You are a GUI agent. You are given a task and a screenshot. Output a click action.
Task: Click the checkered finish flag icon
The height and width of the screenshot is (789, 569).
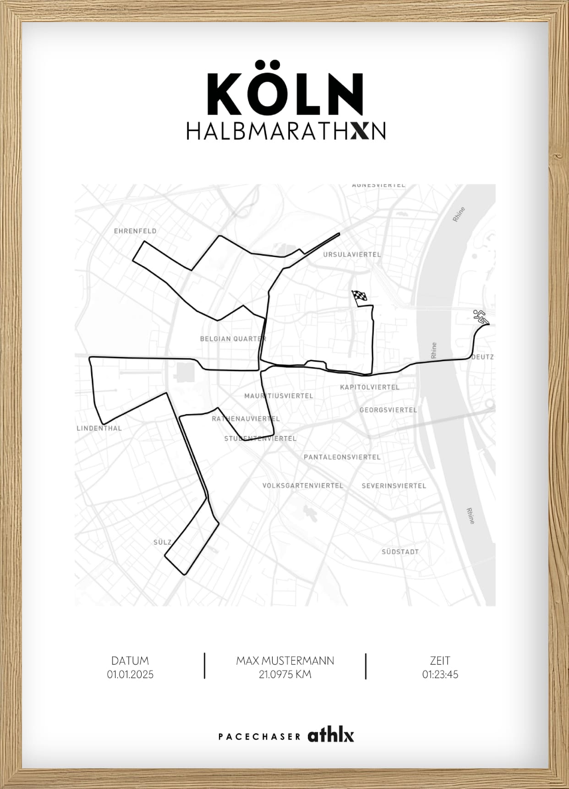point(359,296)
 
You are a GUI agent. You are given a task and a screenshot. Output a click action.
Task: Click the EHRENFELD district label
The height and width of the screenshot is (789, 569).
point(135,231)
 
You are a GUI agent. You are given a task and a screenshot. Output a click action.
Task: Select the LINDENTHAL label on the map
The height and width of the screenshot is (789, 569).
point(99,428)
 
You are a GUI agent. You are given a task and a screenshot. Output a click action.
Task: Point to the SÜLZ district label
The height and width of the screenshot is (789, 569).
point(163,542)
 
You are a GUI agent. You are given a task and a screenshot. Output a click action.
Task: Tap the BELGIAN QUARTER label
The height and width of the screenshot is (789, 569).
point(233,339)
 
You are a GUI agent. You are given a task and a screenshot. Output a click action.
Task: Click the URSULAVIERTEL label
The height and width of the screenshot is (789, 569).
point(352,254)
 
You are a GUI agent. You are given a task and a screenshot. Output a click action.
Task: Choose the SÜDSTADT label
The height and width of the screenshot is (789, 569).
point(400,552)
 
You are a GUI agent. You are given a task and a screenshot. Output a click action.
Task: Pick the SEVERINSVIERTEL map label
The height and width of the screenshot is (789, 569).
point(394,486)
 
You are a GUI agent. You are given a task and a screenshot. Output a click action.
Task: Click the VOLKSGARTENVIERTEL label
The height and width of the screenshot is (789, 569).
point(302,486)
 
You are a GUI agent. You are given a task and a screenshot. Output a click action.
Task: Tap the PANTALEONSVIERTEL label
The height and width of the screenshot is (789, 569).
point(342,457)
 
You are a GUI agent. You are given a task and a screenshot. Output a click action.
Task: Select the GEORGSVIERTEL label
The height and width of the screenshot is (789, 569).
point(388,410)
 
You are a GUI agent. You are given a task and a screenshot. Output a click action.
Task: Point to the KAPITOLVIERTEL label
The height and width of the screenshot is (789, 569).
point(369,387)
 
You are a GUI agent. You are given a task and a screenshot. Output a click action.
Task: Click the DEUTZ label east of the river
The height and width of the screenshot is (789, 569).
point(483,357)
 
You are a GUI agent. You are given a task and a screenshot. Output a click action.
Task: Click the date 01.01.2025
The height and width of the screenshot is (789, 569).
point(130,674)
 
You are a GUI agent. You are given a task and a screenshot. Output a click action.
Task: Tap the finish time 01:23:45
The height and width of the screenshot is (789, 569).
point(440,674)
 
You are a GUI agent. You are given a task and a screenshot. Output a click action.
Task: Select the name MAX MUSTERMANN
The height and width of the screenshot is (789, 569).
point(285,661)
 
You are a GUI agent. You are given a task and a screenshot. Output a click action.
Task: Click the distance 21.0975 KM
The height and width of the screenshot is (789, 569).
point(285,674)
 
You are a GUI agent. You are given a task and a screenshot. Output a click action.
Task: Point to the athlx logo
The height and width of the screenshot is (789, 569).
point(331,736)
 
